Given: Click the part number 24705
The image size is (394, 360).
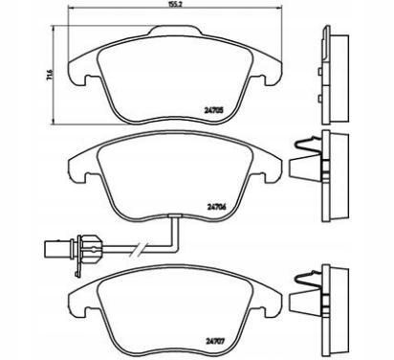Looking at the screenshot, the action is click(213, 110).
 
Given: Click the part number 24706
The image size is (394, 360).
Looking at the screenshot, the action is click(216, 207).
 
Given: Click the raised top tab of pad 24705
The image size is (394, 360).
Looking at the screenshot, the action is click(175, 31).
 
